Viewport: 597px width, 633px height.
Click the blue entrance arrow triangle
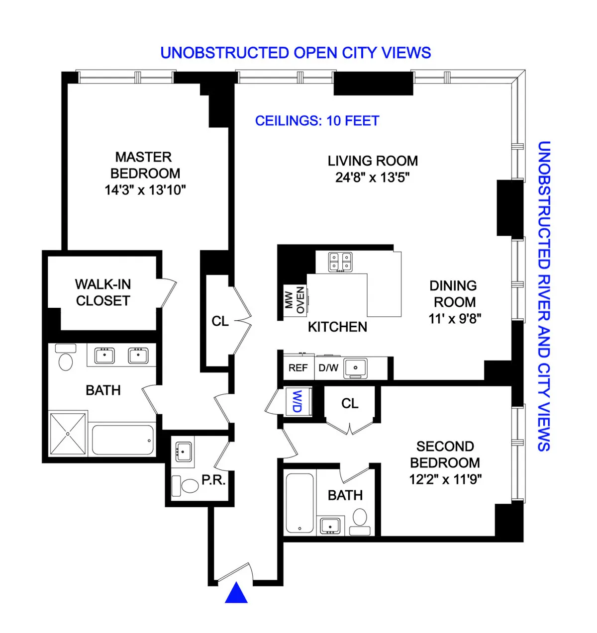click(236, 594)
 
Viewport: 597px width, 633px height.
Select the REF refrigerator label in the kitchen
click(298, 368)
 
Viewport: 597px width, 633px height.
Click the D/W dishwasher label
click(328, 368)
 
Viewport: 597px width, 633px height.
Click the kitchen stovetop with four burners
click(340, 262)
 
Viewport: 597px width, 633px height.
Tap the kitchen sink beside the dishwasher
click(355, 368)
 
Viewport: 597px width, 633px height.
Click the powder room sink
click(184, 452)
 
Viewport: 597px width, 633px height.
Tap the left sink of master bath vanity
click(104, 356)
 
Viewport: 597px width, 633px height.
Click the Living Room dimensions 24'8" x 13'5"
click(372, 178)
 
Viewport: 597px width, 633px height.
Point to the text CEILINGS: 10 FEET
click(317, 121)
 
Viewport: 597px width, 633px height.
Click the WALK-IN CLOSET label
click(103, 292)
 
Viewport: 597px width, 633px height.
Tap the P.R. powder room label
click(213, 480)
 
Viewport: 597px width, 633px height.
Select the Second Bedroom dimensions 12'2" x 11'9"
click(445, 479)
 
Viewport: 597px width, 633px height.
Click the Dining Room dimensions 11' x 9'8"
click(455, 319)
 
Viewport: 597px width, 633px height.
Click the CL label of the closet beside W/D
click(350, 403)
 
